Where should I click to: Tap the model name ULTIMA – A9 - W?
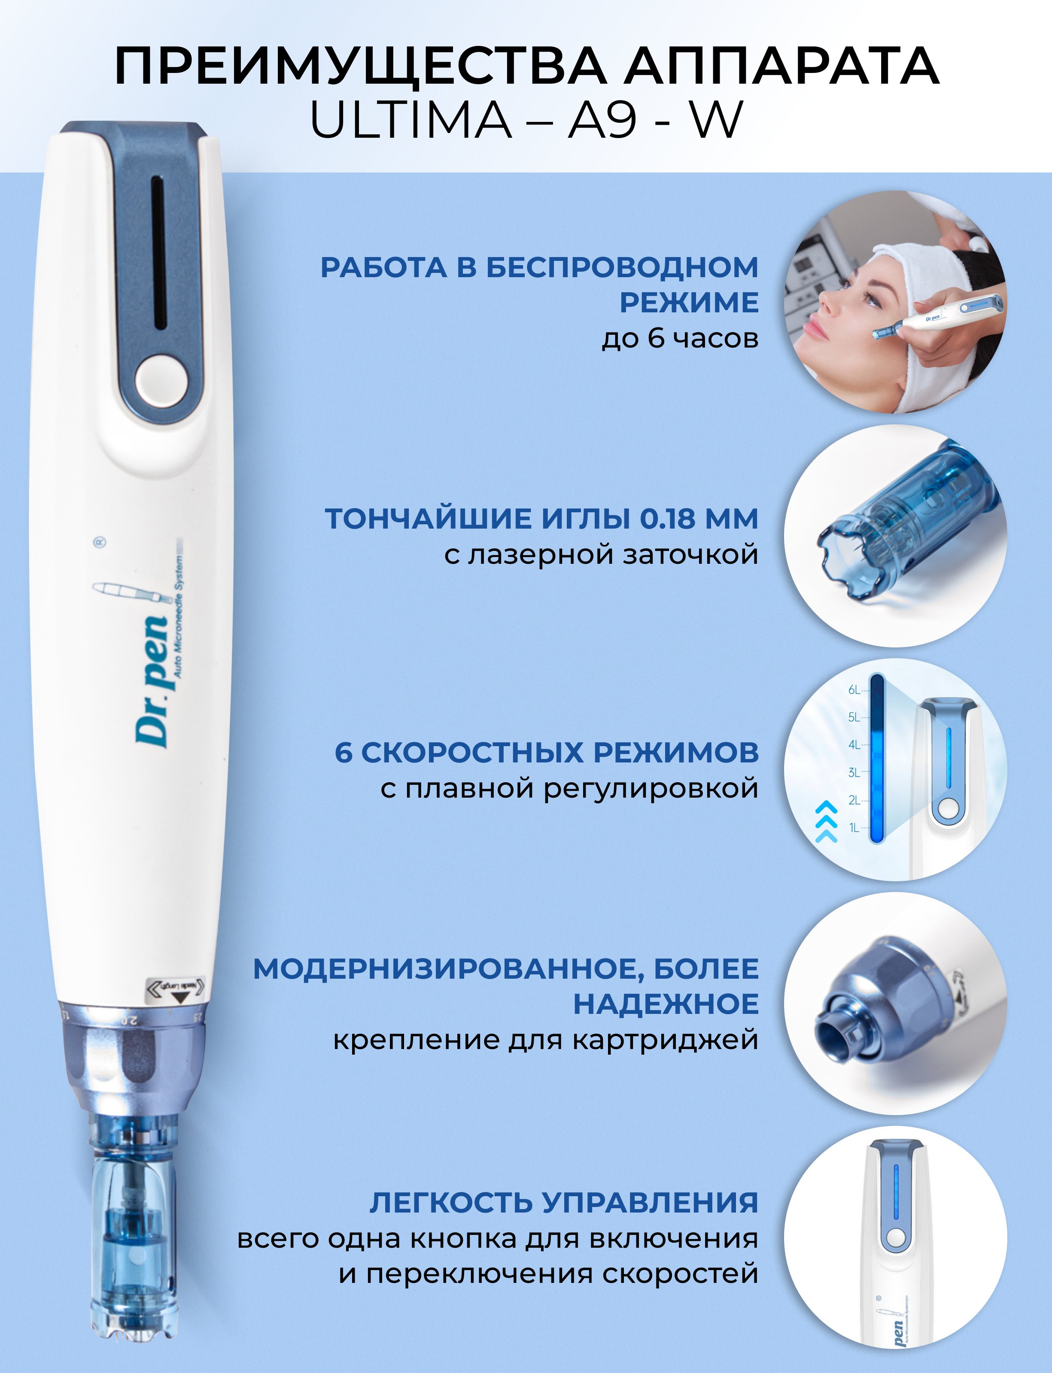pos(526,120)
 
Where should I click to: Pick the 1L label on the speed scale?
pos(854,828)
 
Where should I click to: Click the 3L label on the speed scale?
pos(854,773)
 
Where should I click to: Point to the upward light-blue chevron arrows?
pos(827,821)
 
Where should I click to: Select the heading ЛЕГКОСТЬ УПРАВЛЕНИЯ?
pos(563,1203)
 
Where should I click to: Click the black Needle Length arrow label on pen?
pos(178,989)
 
